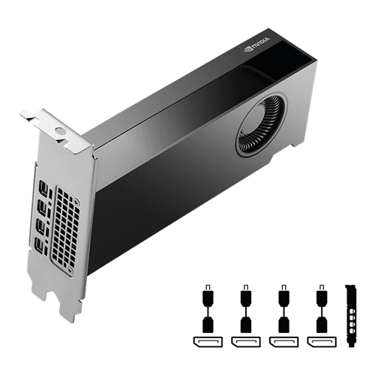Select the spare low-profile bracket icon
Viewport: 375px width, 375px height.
pyautogui.click(x=347, y=315)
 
